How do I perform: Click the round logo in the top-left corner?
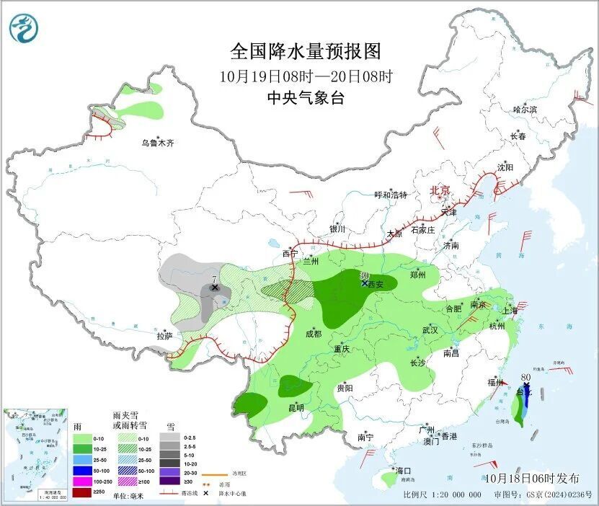click(24, 28)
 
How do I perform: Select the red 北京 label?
click(439, 190)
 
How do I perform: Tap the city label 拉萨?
click(164, 336)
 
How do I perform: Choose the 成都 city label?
click(313, 334)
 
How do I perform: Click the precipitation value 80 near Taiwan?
click(525, 376)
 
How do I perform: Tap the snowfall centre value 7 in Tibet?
click(214, 279)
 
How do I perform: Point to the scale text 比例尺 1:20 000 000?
click(442, 495)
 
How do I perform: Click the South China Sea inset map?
click(36, 454)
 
